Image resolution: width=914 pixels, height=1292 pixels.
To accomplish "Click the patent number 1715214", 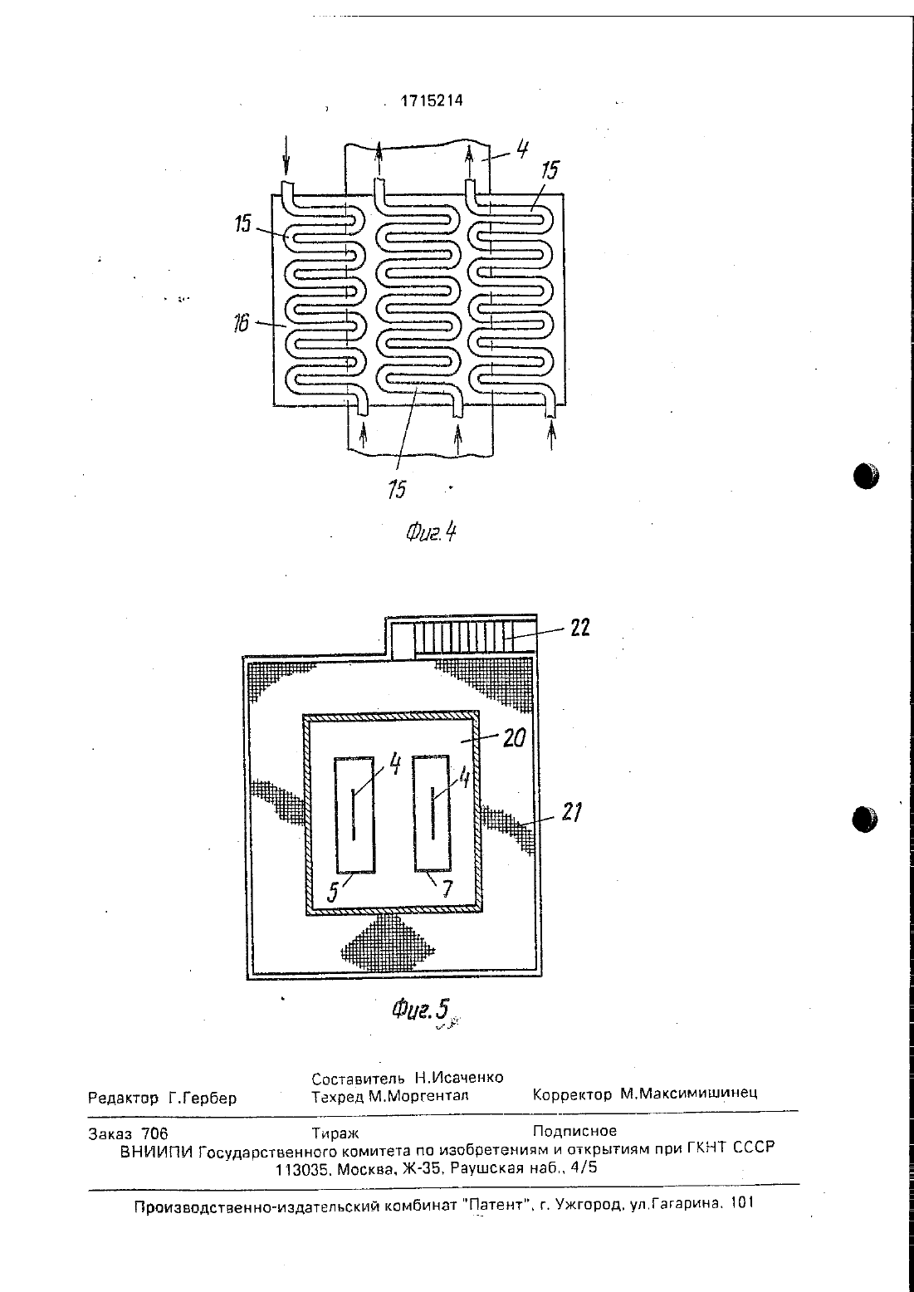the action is [432, 101].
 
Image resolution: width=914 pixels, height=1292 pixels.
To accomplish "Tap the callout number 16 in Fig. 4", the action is [241, 323].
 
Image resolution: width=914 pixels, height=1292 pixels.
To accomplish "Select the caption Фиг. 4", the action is [430, 531].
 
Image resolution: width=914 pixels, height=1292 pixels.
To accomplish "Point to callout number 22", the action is [580, 628].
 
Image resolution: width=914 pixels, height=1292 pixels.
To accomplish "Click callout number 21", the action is [570, 813].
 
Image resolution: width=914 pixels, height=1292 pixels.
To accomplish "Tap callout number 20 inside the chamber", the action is [515, 737].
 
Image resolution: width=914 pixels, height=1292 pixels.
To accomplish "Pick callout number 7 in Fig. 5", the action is [447, 890].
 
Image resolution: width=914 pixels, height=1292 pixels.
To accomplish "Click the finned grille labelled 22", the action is [475, 637].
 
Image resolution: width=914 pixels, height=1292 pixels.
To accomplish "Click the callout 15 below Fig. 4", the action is [398, 489].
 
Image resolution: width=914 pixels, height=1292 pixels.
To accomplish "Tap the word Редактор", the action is [123, 1099].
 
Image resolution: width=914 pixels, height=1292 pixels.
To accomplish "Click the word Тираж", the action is [335, 1134].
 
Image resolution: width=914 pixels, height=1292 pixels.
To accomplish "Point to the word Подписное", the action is [575, 1131].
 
